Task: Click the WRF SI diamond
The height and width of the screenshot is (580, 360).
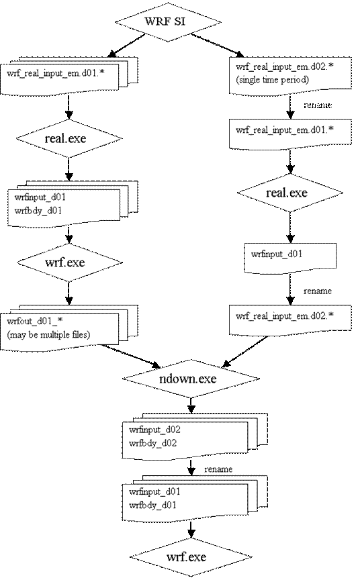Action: [168, 21]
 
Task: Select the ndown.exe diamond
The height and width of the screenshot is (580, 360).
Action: [191, 379]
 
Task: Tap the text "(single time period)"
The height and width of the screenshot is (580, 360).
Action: [272, 79]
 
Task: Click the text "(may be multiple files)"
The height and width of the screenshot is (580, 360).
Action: [48, 335]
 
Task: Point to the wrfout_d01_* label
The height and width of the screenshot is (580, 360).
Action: [35, 321]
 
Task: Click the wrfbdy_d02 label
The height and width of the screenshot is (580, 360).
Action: [153, 443]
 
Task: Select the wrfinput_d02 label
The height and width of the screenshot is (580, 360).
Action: [154, 430]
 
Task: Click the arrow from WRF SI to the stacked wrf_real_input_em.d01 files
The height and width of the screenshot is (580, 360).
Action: [126, 46]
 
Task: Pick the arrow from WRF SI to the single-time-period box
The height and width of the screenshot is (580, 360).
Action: [216, 45]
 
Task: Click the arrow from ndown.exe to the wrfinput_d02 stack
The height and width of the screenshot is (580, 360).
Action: [191, 405]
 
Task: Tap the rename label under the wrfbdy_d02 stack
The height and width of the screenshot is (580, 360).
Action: [218, 469]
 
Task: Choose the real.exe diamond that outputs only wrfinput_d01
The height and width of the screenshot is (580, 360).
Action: [289, 193]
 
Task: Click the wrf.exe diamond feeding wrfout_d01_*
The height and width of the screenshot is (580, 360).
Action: [69, 262]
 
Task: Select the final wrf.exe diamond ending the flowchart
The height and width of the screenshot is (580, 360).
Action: [191, 557]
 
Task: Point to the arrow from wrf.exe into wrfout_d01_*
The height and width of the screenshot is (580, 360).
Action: [69, 293]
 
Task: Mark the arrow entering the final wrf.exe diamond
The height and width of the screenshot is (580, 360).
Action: [191, 530]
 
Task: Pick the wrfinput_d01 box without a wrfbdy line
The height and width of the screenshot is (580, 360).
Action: [290, 258]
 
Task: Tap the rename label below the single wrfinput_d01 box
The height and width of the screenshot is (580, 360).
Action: [318, 291]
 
